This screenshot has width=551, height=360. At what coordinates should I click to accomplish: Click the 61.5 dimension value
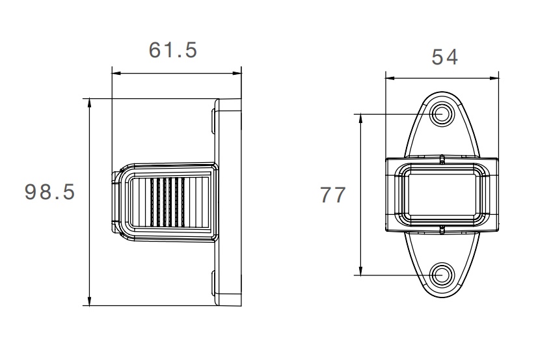click(172, 50)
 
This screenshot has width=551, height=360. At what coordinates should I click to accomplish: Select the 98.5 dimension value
click(50, 192)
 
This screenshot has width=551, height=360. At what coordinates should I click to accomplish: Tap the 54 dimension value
click(444, 57)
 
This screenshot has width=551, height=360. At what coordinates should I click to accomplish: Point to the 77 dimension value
click(333, 195)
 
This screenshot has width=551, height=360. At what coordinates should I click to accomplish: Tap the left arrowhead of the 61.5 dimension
click(116, 73)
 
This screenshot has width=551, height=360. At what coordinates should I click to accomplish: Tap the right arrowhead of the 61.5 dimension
click(237, 73)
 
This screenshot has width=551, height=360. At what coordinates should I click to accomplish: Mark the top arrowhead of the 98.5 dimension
click(90, 103)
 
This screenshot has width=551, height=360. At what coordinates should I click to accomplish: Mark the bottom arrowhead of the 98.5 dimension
click(90, 301)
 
